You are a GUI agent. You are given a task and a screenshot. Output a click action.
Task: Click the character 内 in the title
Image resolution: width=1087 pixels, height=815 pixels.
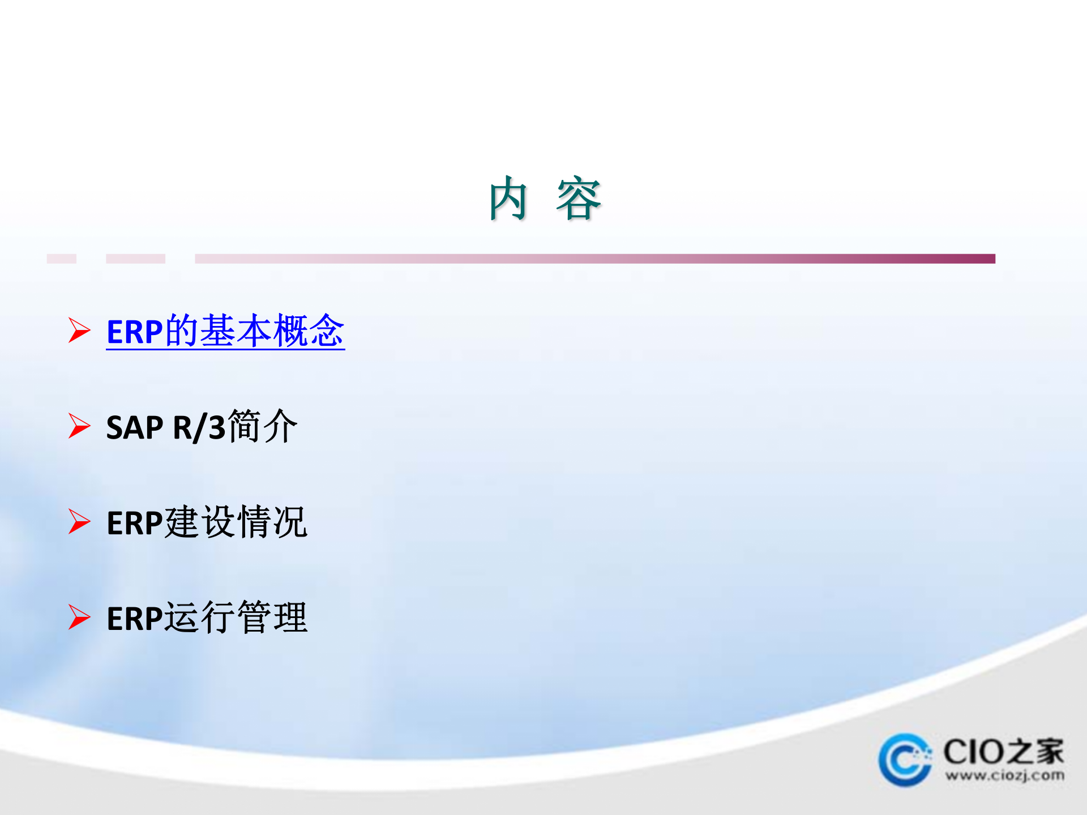tap(508, 199)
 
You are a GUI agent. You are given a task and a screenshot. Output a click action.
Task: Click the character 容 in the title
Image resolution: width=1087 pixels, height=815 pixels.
tap(578, 199)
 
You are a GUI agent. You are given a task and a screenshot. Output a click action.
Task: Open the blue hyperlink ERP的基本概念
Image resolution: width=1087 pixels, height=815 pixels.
tap(225, 331)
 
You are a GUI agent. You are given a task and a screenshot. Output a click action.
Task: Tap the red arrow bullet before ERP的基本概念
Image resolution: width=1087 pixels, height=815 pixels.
tap(79, 330)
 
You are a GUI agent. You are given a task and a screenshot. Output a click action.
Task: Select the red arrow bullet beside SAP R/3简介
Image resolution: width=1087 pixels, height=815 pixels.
tap(79, 426)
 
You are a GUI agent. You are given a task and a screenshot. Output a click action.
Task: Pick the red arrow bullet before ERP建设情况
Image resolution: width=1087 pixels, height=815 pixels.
tap(79, 521)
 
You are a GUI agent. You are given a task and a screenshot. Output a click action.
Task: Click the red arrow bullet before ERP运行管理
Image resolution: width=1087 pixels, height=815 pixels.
tap(79, 617)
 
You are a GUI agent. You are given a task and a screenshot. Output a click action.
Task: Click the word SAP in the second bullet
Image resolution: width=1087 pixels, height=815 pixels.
tap(134, 427)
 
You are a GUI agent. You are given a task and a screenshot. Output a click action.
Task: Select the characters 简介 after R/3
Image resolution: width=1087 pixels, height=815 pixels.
tap(262, 426)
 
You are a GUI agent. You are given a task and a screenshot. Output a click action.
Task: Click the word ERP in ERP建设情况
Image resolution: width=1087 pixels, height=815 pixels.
tap(134, 523)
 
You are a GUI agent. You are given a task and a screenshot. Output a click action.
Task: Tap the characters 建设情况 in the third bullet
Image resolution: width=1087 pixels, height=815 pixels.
tap(236, 522)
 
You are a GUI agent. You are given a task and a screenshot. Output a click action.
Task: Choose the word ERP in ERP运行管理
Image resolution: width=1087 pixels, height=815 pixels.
tap(134, 619)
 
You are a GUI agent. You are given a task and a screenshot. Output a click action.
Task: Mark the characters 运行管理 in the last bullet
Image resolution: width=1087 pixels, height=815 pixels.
tap(236, 617)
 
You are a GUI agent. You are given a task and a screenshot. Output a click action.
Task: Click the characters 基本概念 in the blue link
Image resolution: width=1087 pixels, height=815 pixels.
tap(272, 331)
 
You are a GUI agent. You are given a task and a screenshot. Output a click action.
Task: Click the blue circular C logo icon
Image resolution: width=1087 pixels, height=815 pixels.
tap(905, 760)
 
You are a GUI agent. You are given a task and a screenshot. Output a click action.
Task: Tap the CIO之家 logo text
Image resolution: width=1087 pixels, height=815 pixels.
tap(1003, 752)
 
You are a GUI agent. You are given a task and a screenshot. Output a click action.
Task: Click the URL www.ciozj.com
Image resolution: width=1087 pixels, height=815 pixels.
tap(1004, 775)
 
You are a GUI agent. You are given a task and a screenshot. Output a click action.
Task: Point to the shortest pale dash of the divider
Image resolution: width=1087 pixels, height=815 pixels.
tap(61, 259)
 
